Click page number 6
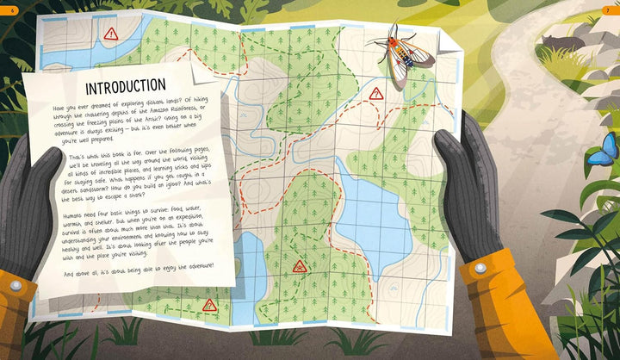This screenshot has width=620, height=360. tap(13, 9)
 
